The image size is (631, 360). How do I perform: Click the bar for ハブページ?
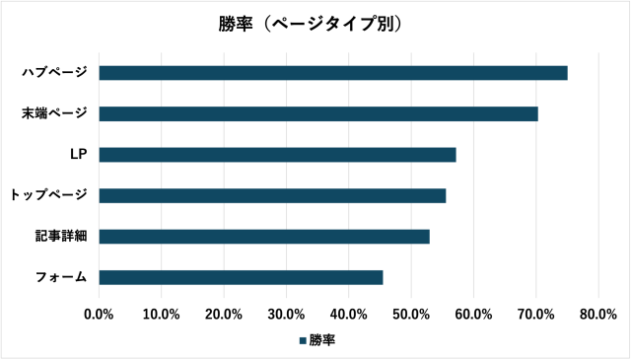[x=333, y=73]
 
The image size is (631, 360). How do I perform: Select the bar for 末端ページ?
[x=318, y=113]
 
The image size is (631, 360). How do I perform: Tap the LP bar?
[x=277, y=155]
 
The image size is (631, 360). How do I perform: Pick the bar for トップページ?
[x=272, y=195]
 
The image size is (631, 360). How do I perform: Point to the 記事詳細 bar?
[x=264, y=237]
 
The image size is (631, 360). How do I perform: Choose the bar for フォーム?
[x=241, y=277]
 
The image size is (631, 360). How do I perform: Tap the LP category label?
[x=78, y=155]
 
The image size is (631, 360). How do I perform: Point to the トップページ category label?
[x=48, y=195]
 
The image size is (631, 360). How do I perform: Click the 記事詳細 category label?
[x=60, y=237]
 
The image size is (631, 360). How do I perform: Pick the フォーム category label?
[x=60, y=277]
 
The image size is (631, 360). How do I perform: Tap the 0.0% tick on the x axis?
[x=100, y=314]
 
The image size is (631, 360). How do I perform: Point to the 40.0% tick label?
[x=349, y=314]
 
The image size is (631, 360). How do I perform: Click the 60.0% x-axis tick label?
[x=473, y=314]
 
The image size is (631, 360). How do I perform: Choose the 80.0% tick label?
[x=598, y=314]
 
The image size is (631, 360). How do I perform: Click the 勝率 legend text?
[x=322, y=340]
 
